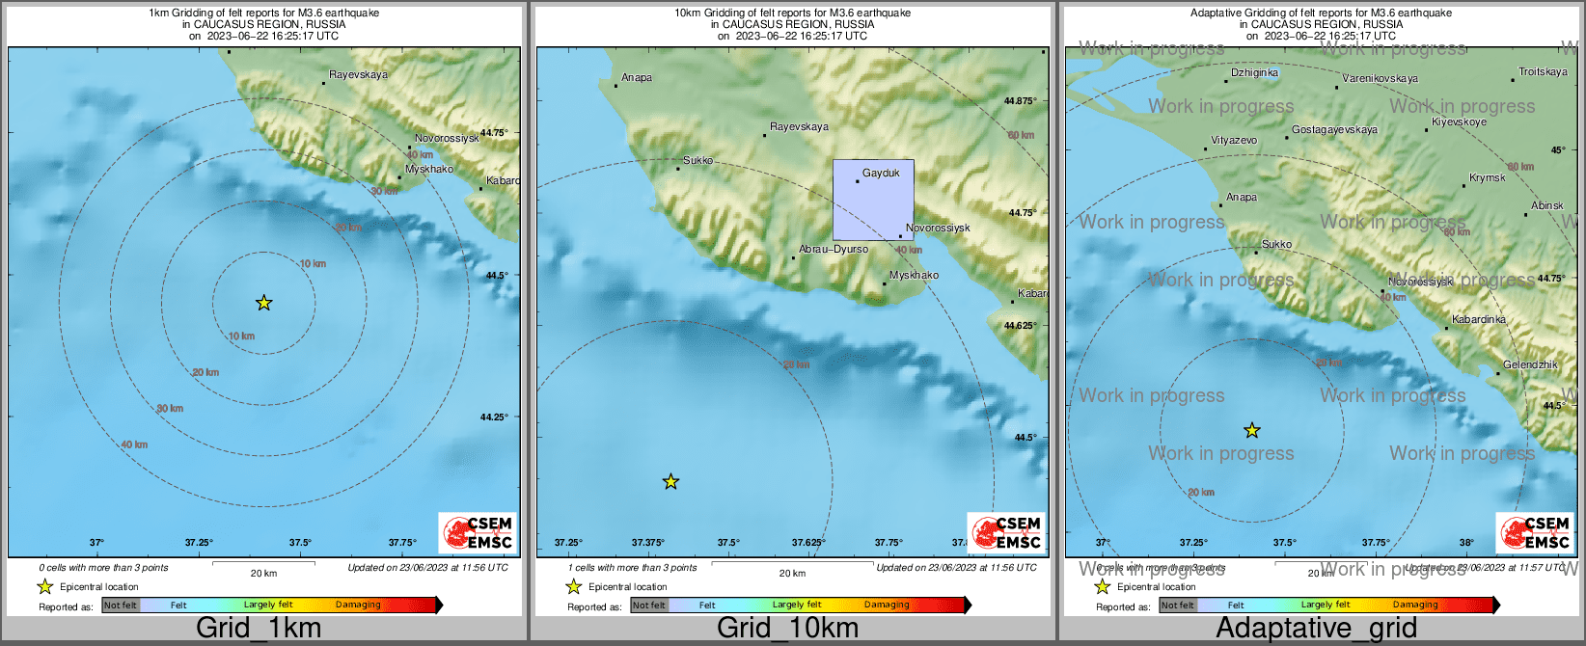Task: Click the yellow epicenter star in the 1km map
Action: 263,303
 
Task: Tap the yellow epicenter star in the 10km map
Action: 670,481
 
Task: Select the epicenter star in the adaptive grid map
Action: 1251,430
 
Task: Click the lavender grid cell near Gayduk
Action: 872,202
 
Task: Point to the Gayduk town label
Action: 881,174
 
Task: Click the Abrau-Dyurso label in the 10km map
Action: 834,249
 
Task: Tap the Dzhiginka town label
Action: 1254,73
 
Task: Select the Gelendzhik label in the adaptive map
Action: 1530,365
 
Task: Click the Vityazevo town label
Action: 1234,141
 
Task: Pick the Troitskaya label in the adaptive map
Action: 1543,72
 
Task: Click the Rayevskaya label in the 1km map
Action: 358,75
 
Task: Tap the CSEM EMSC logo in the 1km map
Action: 478,532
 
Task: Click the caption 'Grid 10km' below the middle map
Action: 787,629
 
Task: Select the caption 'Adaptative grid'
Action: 1316,629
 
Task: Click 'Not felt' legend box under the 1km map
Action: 121,606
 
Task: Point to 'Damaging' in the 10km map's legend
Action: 887,606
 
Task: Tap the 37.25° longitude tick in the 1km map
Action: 199,543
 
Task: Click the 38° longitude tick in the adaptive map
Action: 1465,543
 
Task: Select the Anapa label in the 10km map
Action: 637,78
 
